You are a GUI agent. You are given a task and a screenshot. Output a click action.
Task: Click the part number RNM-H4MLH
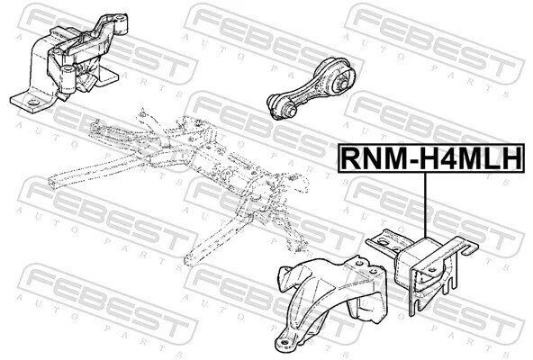(430, 158)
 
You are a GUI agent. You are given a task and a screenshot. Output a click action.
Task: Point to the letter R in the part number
(350, 158)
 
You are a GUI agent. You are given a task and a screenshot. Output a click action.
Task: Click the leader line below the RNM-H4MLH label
(425, 205)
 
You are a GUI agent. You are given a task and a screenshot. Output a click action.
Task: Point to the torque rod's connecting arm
(308, 89)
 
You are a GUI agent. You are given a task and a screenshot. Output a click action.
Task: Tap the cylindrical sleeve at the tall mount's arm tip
(121, 23)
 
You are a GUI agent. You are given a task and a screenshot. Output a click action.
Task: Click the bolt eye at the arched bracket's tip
(285, 342)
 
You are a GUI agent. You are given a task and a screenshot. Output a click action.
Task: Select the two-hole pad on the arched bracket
(367, 268)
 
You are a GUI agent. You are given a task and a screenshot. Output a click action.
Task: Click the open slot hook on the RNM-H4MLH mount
(470, 247)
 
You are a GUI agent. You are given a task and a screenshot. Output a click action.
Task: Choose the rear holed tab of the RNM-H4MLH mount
(384, 241)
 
